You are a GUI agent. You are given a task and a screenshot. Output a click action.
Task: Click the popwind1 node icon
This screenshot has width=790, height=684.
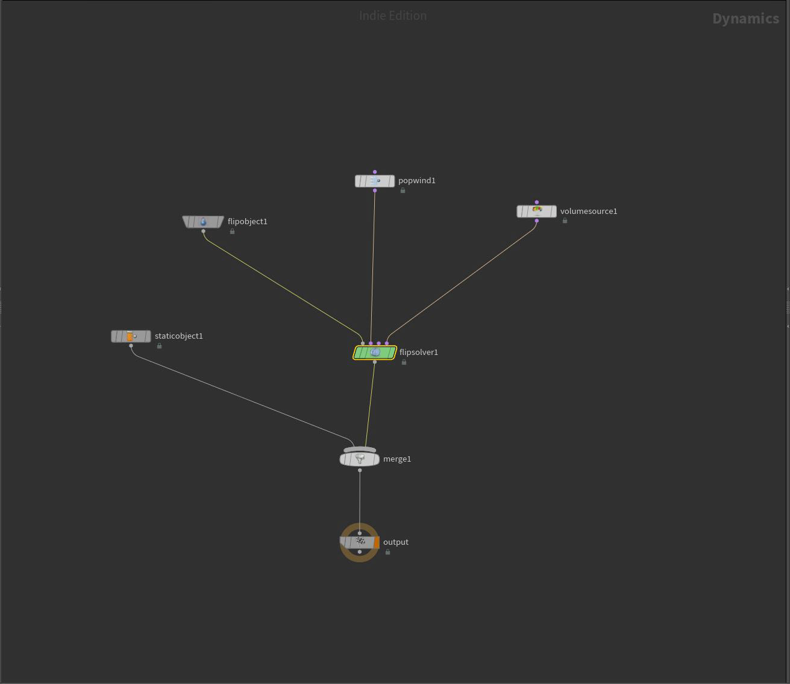click(x=375, y=181)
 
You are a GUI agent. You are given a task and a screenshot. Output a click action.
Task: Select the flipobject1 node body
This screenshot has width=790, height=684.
click(x=203, y=222)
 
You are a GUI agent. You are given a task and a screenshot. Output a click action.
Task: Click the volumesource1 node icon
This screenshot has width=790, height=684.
click(x=537, y=212)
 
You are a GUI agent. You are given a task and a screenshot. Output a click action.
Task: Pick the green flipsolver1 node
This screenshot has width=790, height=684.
click(x=375, y=353)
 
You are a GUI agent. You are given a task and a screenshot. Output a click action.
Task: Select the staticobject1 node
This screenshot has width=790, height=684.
click(x=131, y=336)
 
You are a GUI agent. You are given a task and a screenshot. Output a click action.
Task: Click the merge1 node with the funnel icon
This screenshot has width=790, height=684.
click(x=360, y=459)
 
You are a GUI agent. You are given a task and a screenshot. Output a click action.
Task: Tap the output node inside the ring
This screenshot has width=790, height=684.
click(x=360, y=542)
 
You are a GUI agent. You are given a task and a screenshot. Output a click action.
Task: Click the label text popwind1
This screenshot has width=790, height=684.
click(x=417, y=181)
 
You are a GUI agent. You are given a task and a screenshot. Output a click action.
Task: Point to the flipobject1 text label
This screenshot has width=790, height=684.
click(x=248, y=222)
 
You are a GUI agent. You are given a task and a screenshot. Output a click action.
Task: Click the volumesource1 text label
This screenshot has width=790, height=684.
click(x=589, y=212)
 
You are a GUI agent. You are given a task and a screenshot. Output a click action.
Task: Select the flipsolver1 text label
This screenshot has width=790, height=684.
click(x=419, y=353)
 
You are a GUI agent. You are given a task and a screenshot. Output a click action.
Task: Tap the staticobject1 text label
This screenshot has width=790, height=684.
click(x=179, y=336)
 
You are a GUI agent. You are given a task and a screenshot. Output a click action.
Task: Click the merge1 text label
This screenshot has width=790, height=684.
click(x=397, y=459)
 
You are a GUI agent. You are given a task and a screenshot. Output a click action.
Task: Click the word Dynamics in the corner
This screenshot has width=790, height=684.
click(x=745, y=19)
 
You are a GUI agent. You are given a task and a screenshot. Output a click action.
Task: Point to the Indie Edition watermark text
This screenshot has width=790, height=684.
click(x=393, y=16)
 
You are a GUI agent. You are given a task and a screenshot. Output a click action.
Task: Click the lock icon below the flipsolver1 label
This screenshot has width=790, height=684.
click(x=404, y=362)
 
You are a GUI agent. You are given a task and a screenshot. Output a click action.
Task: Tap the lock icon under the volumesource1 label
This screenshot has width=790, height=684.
click(x=565, y=221)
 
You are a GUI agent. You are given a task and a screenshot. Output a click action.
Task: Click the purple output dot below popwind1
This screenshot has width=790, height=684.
click(x=375, y=190)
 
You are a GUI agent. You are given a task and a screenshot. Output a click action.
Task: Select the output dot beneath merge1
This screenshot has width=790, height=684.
click(x=360, y=471)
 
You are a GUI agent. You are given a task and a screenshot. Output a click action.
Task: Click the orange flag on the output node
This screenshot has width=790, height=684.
click(x=377, y=542)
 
